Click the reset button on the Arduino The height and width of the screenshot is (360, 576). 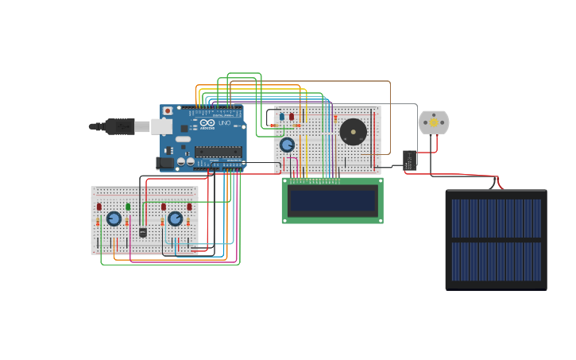click(168, 111)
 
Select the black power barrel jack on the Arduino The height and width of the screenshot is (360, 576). click(164, 162)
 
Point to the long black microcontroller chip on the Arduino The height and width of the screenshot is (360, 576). click(218, 151)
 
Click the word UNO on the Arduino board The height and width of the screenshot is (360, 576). click(225, 123)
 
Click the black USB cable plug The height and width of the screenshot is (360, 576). click(119, 126)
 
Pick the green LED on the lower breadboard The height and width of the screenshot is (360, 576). click(128, 207)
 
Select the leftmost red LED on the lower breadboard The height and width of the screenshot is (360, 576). click(99, 207)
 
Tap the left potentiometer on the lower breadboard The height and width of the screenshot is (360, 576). click(114, 219)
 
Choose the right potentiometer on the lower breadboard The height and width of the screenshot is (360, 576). click(175, 219)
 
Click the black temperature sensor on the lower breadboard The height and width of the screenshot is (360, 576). click(143, 232)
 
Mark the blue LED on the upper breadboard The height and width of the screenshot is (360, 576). click(281, 117)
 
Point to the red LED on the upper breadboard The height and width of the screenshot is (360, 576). click(292, 117)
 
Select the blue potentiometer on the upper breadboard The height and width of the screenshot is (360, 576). click(287, 145)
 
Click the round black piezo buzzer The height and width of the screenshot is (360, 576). click(353, 132)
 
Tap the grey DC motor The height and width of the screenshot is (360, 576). click(434, 122)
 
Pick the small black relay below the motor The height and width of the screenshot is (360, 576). click(410, 160)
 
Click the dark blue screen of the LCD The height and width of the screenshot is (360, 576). click(332, 201)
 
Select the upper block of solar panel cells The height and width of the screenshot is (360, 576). click(496, 218)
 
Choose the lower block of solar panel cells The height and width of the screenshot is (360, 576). click(496, 261)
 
